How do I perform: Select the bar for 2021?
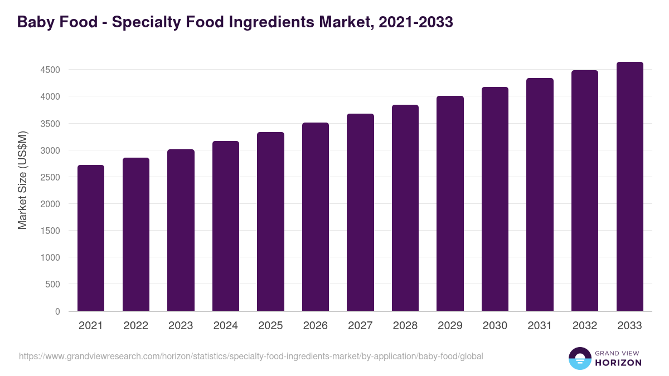[91, 238]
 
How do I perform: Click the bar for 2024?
[226, 226]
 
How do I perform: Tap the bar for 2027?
[360, 212]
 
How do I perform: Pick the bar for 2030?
[495, 199]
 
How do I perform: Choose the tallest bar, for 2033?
[629, 186]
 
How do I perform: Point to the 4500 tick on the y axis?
[50, 70]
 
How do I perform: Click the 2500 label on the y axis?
[50, 177]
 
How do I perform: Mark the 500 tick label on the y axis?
[53, 284]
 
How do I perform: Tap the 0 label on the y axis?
[57, 311]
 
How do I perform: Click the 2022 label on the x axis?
[135, 326]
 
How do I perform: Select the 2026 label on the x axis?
[316, 326]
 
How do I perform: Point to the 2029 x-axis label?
[450, 326]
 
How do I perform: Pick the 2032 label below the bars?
[585, 326]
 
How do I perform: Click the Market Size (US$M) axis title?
[22, 180]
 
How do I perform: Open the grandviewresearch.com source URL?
[251, 356]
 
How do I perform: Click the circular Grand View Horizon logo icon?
[579, 358]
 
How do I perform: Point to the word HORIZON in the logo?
[618, 363]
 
